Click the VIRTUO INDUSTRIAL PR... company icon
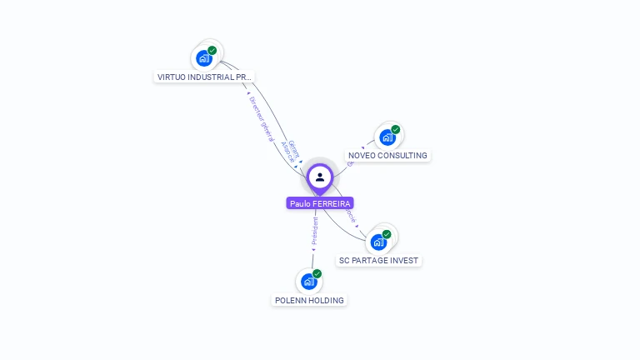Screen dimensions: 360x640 click(x=203, y=58)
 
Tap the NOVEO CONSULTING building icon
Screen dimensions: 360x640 click(x=387, y=137)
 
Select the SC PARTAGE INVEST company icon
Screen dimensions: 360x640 click(x=378, y=242)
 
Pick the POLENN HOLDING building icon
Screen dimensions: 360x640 click(x=308, y=282)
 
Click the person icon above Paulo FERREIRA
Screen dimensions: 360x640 click(x=320, y=177)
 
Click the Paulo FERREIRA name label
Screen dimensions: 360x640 click(x=320, y=203)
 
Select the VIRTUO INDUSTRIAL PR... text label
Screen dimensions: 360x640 click(x=204, y=77)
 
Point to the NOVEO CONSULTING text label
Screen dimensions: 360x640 click(x=387, y=156)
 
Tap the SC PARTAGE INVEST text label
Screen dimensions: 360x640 click(x=378, y=261)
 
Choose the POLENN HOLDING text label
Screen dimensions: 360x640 click(x=309, y=300)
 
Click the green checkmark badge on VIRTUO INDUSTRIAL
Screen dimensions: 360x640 click(x=212, y=50)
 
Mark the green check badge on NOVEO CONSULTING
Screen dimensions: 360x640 click(x=396, y=129)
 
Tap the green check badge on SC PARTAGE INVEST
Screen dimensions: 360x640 click(x=387, y=234)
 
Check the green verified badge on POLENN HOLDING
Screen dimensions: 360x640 click(x=317, y=273)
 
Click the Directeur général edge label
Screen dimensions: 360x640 click(x=260, y=117)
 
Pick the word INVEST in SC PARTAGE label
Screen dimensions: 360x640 click(x=404, y=261)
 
